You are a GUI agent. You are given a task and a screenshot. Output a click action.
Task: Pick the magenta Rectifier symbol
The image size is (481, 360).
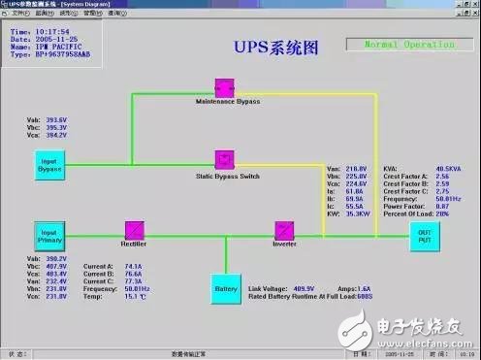coord(135,229)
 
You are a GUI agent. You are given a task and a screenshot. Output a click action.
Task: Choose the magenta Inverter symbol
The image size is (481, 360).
coord(283,230)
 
